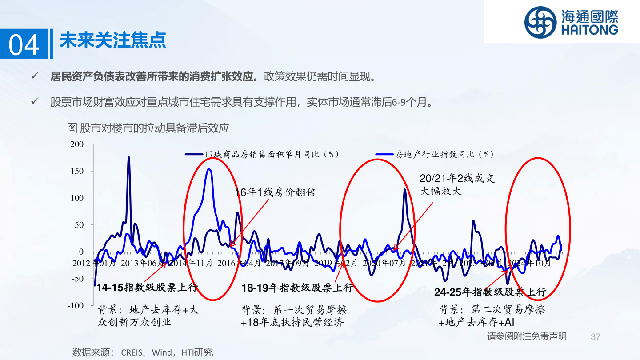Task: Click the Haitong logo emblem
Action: [x=540, y=22]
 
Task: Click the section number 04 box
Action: [x=24, y=44]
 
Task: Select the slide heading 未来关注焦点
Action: [x=112, y=40]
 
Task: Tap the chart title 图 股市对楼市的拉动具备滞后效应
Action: [x=148, y=128]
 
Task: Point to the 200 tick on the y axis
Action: [x=77, y=144]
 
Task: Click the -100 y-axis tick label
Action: [x=76, y=305]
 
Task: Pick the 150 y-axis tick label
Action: [x=77, y=171]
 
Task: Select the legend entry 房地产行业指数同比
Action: [x=444, y=154]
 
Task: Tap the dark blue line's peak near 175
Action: [x=128, y=157]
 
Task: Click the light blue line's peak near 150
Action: [x=209, y=169]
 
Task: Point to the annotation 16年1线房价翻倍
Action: [x=275, y=192]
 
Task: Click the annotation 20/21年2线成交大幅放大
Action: [x=457, y=184]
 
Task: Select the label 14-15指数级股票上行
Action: [x=147, y=287]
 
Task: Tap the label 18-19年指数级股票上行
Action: [x=297, y=288]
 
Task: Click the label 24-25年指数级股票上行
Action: [x=490, y=292]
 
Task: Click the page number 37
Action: [x=596, y=336]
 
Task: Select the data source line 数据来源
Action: [x=142, y=352]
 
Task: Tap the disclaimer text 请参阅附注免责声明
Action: [x=527, y=336]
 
